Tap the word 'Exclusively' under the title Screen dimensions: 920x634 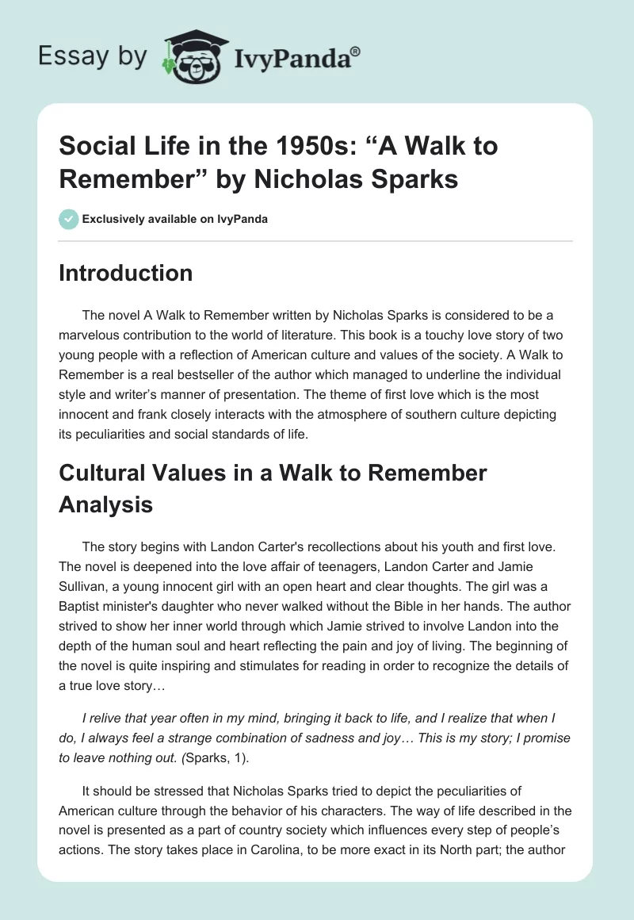click(113, 219)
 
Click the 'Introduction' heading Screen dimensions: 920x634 click(126, 274)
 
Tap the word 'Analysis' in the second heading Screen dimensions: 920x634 click(105, 504)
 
